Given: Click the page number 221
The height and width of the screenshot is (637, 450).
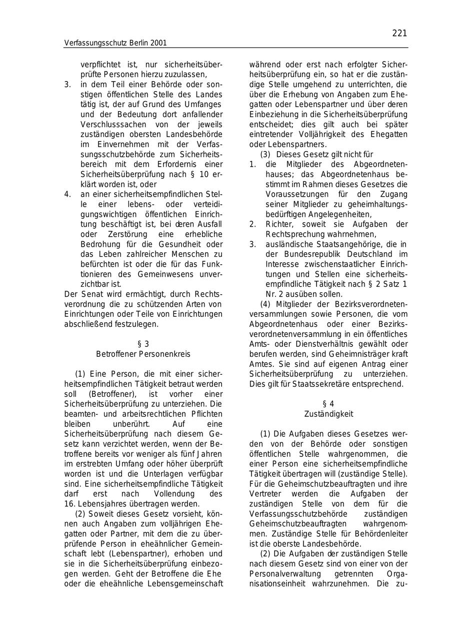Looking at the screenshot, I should (399, 33).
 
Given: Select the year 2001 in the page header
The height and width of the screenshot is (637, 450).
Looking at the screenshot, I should (158, 43).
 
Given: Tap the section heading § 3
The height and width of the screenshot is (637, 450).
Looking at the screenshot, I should (143, 344).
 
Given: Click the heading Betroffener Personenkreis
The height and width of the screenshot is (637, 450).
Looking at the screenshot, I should (143, 354).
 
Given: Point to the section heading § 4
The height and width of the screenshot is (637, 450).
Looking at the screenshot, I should (328, 404).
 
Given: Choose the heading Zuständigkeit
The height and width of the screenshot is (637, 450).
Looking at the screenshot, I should (328, 414).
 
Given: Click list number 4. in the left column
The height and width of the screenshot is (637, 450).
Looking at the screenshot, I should (67, 194).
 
